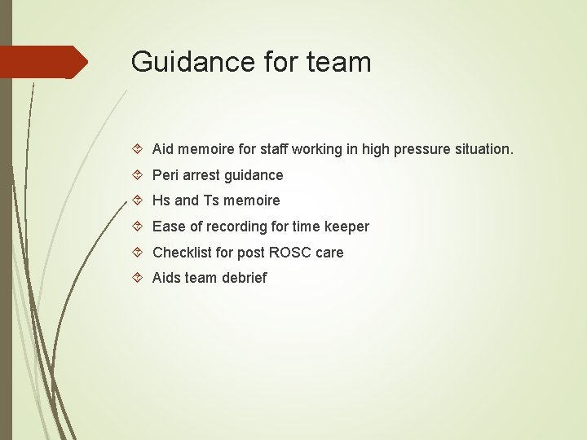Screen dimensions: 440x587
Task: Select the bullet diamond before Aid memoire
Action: (x=138, y=150)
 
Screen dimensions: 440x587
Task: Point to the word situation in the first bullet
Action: (x=482, y=149)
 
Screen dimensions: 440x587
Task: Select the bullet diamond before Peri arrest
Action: (x=138, y=175)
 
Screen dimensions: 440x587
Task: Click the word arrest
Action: (x=202, y=175)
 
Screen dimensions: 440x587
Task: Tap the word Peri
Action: (x=166, y=175)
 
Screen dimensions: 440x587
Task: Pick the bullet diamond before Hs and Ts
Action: (x=138, y=200)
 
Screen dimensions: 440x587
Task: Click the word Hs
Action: (x=161, y=200)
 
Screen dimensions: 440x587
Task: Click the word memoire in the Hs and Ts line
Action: (x=252, y=200)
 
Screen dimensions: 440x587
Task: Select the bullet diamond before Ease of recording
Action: (x=138, y=227)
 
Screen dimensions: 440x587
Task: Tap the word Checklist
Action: (x=182, y=253)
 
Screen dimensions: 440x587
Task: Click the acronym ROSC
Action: (x=291, y=253)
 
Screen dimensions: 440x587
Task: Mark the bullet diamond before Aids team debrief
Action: (x=138, y=278)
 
